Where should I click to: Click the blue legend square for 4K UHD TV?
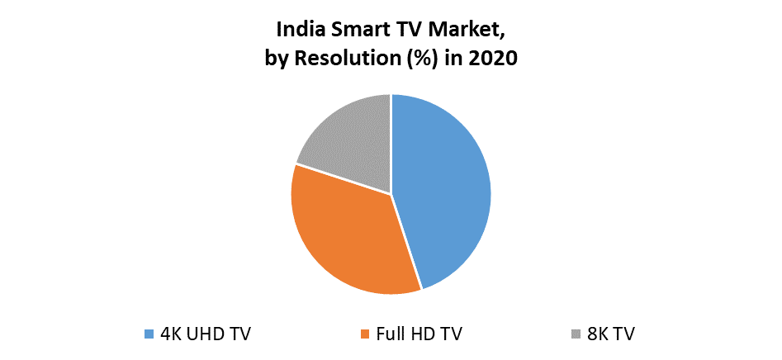[x=149, y=334]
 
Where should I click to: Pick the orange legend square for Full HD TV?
[x=364, y=334]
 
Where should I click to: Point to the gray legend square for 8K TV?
[x=576, y=334]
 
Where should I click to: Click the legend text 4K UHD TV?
[x=205, y=334]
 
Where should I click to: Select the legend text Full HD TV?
[x=419, y=334]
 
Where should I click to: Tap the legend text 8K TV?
[x=611, y=334]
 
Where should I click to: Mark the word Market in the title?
[x=472, y=31]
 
